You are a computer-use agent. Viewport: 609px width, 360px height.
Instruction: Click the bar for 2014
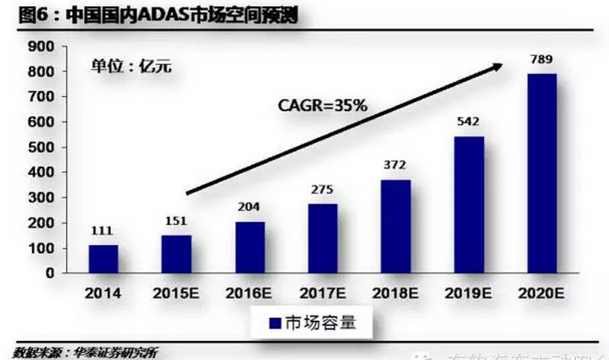coord(103,259)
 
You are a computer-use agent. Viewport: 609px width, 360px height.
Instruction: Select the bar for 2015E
coord(177,255)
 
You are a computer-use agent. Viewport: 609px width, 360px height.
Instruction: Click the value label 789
coord(541,60)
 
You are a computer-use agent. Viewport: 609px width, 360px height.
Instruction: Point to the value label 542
coord(468,124)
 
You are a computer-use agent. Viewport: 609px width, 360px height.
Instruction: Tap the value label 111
coord(103,232)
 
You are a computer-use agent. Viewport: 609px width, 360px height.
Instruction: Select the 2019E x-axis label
coord(467,294)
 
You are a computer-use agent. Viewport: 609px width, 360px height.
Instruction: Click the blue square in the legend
coord(273,323)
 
